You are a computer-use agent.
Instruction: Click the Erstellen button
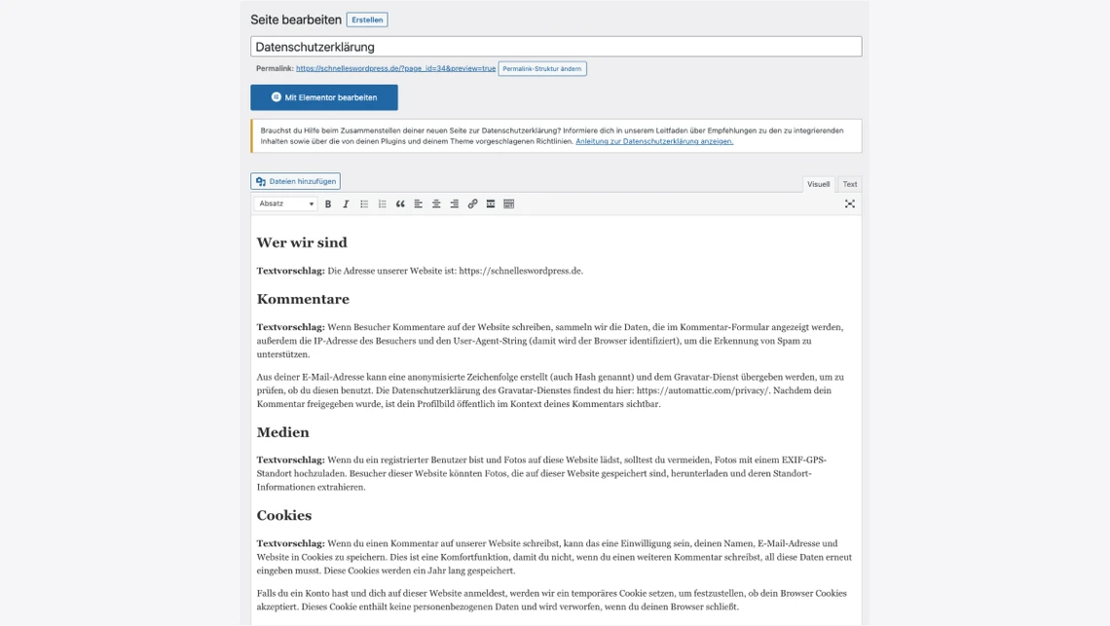[x=367, y=19]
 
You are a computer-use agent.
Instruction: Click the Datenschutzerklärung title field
[x=555, y=47]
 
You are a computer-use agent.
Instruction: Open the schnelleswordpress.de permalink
[x=395, y=69]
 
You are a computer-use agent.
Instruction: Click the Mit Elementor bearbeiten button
[x=324, y=97]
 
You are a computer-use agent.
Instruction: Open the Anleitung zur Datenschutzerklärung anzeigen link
[x=654, y=141]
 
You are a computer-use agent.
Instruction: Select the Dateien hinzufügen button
[x=296, y=181]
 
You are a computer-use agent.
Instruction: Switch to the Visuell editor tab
[x=818, y=184]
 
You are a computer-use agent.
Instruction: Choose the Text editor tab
[x=850, y=184]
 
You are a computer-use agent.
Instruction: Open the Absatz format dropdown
[x=285, y=203]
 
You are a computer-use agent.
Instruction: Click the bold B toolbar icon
[x=328, y=203]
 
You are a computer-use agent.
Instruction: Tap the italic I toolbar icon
[x=346, y=203]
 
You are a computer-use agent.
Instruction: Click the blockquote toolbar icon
[x=400, y=203]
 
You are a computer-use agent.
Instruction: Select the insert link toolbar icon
[x=472, y=203]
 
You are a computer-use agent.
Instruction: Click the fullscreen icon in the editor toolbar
[x=850, y=203]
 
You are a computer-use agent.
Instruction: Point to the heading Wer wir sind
[x=302, y=242]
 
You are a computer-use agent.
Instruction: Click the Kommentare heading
[x=303, y=299]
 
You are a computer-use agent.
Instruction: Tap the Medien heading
[x=283, y=432]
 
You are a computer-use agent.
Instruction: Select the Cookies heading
[x=284, y=515]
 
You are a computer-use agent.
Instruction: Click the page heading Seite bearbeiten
[x=296, y=19]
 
